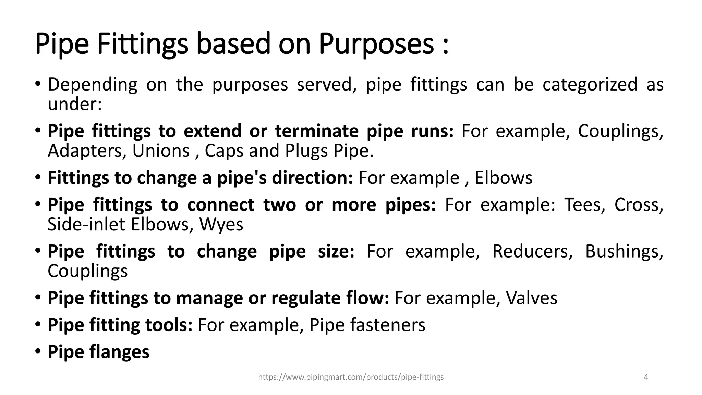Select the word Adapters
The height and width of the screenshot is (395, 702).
84,151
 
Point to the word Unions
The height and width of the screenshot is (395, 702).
161,151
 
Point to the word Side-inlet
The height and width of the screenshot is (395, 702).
86,225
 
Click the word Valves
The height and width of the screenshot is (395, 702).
531,298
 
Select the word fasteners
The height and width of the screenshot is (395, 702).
387,325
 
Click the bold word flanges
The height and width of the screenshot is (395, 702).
119,352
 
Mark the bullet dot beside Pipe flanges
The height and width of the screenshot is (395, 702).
38,351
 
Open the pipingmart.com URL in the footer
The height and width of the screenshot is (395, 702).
351,377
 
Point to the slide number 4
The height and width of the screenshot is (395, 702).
646,377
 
